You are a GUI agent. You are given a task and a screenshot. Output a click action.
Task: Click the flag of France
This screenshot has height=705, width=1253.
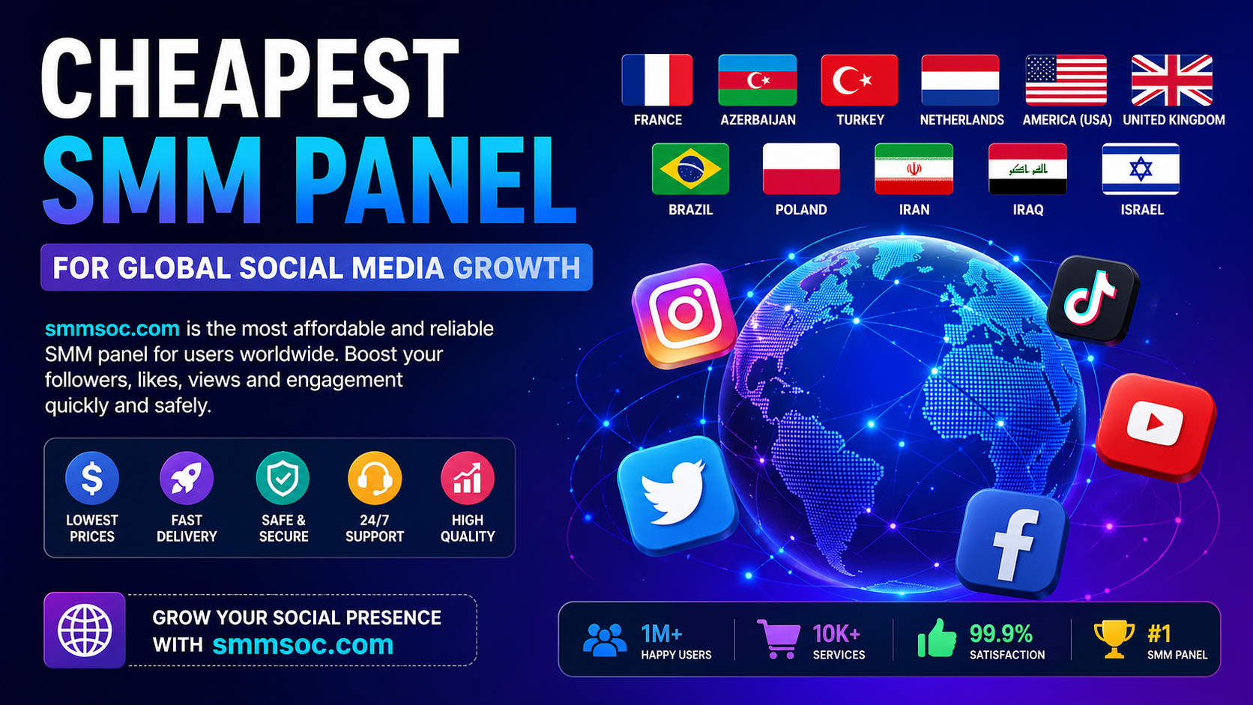point(656,80)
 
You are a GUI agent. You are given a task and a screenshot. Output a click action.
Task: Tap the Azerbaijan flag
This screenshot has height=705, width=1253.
point(758,80)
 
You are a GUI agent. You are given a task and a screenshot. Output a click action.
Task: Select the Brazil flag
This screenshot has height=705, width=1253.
point(690,169)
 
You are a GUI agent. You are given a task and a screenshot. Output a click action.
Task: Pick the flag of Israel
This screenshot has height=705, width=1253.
point(1141,169)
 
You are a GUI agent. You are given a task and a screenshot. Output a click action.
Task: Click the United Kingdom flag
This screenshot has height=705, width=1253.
point(1172,80)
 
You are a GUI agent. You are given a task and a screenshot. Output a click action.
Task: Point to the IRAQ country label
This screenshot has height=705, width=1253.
point(1028,210)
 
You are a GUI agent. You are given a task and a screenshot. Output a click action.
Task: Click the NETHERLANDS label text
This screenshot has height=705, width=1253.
point(961,120)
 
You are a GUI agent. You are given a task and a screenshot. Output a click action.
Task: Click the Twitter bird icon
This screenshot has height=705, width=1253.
point(677,494)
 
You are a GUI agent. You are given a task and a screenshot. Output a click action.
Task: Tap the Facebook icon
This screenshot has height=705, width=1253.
point(1012,543)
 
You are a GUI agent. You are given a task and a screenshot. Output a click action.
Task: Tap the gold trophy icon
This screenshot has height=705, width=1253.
point(1114,639)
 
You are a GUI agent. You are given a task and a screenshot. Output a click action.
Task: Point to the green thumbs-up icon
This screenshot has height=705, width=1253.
point(937,638)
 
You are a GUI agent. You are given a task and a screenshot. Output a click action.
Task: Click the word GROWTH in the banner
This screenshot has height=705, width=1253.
point(516,267)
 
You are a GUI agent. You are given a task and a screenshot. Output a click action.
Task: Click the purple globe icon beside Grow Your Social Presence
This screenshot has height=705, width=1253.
point(85,630)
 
